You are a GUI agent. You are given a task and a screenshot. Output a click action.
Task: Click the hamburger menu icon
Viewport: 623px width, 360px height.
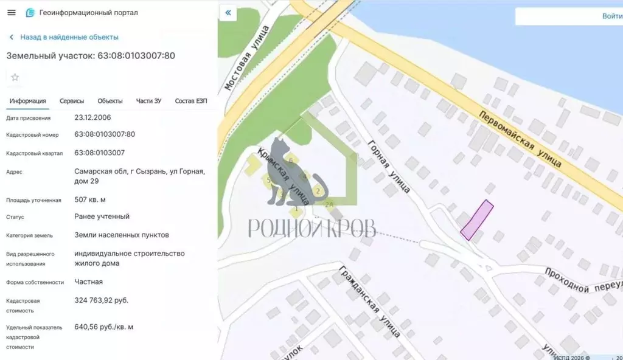tap(11, 13)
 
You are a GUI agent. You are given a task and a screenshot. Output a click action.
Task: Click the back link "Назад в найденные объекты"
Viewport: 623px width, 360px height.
tap(69, 37)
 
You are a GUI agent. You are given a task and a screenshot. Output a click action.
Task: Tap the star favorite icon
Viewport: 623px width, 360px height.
tap(15, 77)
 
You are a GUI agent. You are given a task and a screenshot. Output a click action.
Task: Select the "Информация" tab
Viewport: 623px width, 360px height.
tap(28, 101)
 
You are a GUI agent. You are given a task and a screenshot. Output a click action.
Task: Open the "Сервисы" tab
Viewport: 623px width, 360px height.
tap(72, 101)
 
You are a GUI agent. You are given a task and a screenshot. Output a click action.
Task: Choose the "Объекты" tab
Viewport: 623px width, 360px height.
tap(110, 101)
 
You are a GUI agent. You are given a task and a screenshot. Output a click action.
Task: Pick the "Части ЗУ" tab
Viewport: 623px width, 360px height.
tap(148, 101)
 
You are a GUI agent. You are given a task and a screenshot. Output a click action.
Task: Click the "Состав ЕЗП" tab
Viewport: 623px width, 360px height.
tap(191, 101)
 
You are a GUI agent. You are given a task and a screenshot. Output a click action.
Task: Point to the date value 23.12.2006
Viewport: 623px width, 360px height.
tap(92, 117)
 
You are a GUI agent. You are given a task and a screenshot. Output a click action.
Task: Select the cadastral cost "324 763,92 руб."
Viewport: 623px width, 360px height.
tap(102, 300)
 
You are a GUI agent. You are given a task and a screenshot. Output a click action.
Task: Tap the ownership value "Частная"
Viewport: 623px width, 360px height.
tap(89, 282)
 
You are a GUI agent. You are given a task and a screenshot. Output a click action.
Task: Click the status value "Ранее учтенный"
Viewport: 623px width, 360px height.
tap(102, 216)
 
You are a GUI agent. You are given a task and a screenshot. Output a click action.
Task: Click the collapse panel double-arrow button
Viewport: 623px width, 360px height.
tap(228, 13)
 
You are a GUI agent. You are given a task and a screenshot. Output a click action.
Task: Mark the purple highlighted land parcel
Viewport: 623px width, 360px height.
tap(476, 220)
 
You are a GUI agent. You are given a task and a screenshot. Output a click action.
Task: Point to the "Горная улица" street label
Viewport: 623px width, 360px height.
tap(389, 165)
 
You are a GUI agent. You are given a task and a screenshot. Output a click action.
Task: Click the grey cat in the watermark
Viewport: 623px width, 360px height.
tap(286, 173)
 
